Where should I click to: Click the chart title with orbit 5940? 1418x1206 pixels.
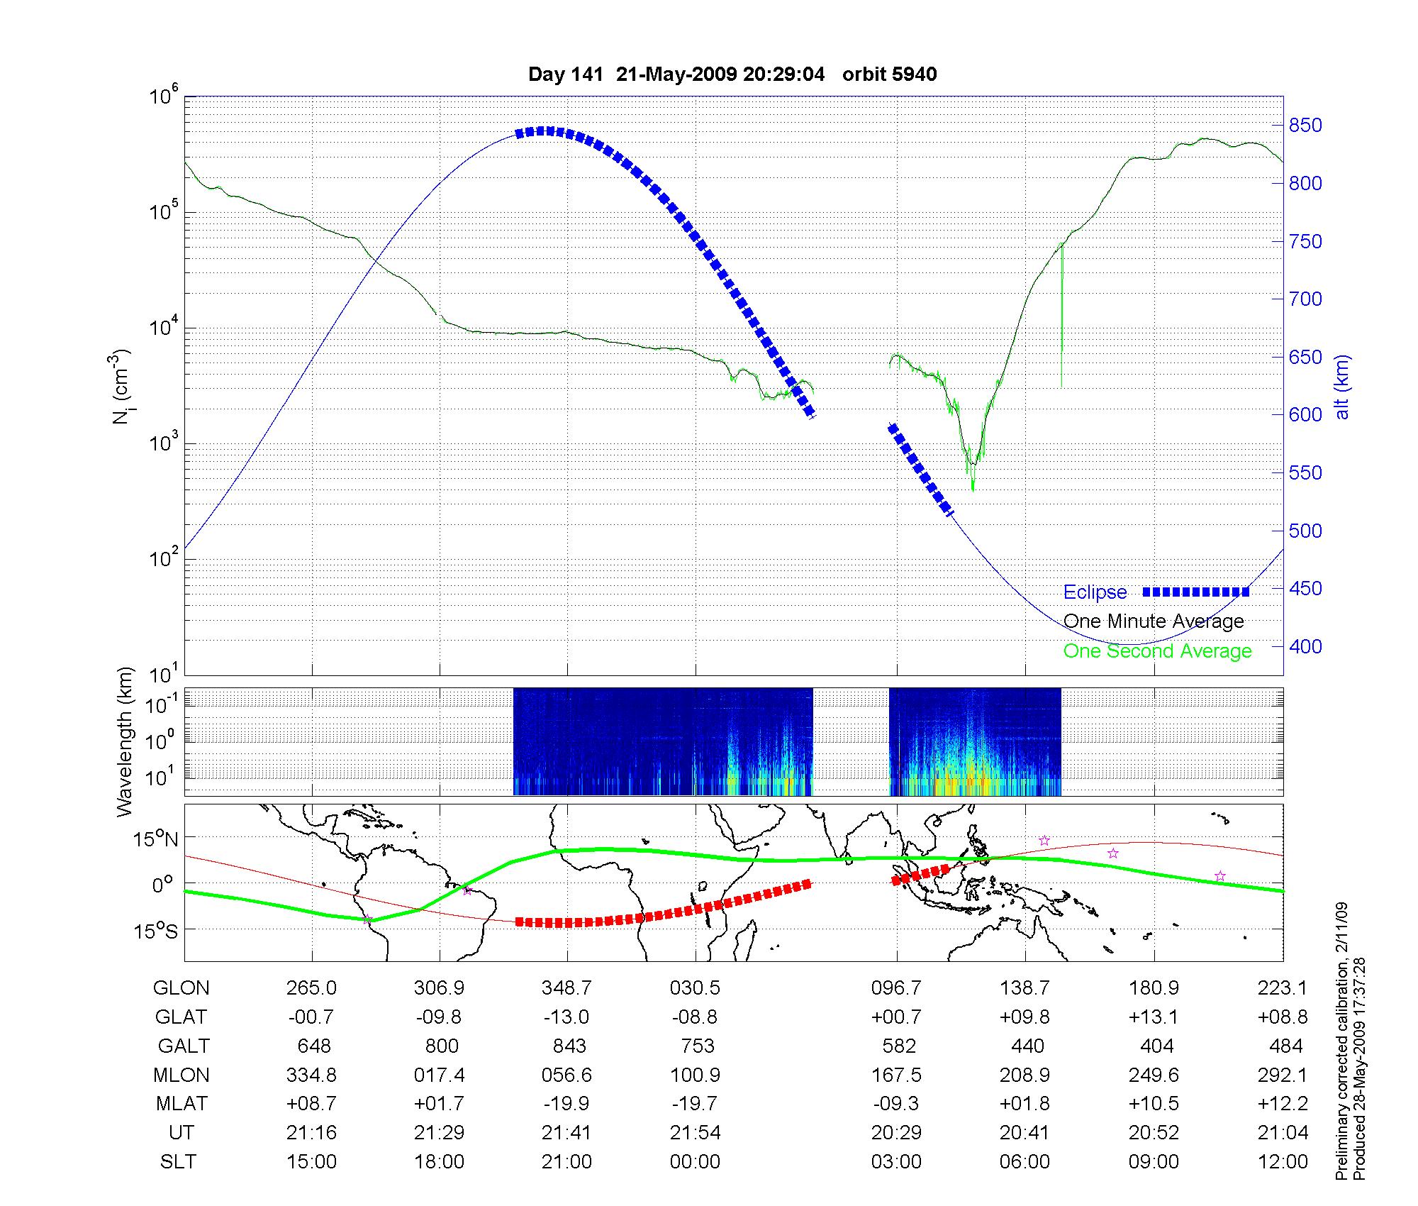[732, 74]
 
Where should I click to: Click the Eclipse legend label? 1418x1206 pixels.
[1095, 592]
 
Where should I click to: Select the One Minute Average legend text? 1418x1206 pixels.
[1154, 621]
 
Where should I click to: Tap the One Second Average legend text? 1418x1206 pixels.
[1157, 651]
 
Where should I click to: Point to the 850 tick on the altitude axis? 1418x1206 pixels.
[1305, 126]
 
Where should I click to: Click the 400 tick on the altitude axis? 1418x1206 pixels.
[1305, 646]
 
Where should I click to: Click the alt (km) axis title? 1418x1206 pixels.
[1342, 387]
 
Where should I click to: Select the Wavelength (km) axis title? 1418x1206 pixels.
[125, 742]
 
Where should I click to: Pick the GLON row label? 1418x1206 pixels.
[181, 988]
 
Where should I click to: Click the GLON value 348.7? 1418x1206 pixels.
[566, 988]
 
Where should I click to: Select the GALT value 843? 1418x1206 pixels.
[569, 1046]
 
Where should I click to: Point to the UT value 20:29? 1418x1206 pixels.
[896, 1133]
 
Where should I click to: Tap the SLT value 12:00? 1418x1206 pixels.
[1283, 1162]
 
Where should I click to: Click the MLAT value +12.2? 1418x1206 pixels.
[1283, 1104]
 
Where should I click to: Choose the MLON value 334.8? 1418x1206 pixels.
[311, 1075]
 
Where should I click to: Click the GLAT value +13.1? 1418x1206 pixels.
[1154, 1017]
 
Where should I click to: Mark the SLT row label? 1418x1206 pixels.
[178, 1162]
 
